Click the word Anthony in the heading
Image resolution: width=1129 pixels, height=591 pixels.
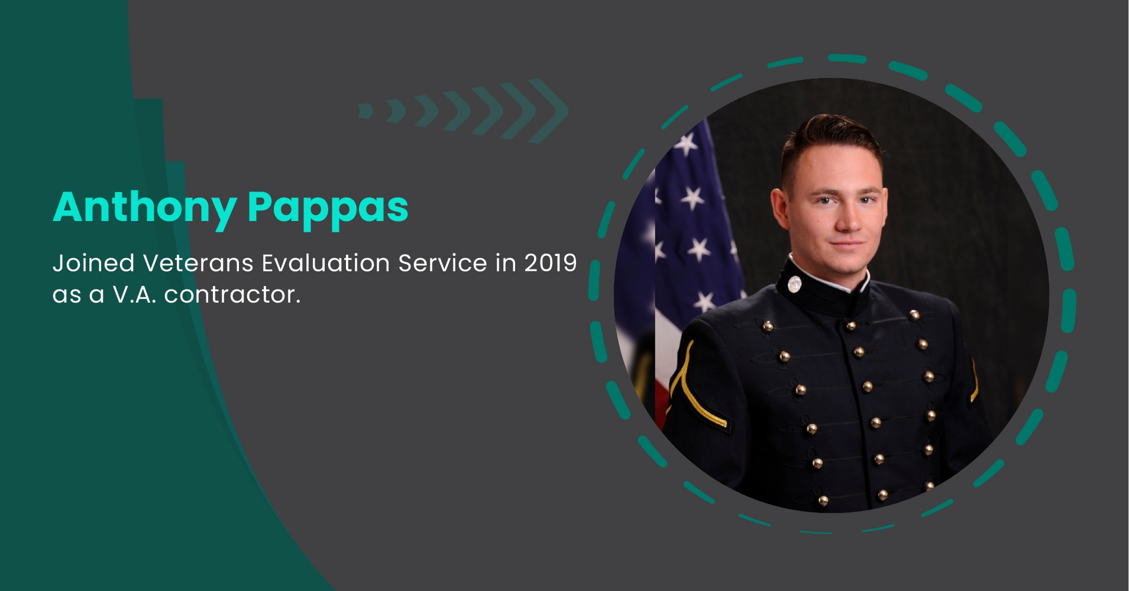(145, 209)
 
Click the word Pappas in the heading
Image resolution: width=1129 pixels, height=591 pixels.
(328, 209)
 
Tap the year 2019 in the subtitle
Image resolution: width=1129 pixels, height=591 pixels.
(550, 263)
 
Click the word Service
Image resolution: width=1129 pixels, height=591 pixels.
(443, 263)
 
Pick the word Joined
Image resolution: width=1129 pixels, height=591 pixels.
(93, 263)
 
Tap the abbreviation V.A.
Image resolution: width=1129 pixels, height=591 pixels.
(134, 294)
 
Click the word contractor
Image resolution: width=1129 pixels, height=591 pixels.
(232, 294)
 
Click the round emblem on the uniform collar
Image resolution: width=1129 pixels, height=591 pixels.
(794, 284)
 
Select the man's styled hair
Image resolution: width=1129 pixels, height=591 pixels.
(831, 142)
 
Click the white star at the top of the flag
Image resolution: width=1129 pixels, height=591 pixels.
(686, 143)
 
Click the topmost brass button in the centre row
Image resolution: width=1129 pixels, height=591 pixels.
(850, 326)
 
